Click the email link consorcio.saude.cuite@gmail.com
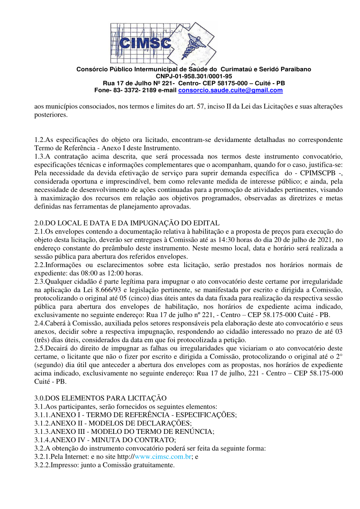point(230,90)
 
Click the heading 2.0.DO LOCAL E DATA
point(127,223)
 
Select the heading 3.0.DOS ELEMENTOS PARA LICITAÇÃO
point(100,398)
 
